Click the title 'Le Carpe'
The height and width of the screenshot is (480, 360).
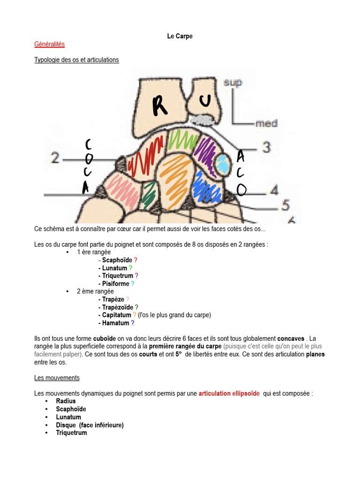(x=180, y=36)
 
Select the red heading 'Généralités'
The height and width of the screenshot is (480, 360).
(x=49, y=44)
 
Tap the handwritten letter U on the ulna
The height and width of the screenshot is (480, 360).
(x=205, y=100)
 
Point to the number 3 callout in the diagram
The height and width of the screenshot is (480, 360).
(x=266, y=147)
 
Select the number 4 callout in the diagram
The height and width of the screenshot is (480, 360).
(x=274, y=190)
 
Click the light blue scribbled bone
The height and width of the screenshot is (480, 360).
(x=223, y=165)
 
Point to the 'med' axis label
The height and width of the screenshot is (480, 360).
(x=266, y=124)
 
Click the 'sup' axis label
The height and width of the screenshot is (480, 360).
(x=232, y=82)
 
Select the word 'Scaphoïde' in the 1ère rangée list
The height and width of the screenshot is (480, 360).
(x=117, y=260)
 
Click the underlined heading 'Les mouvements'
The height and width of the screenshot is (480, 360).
(x=57, y=378)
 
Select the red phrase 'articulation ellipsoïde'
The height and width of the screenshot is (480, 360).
(x=229, y=394)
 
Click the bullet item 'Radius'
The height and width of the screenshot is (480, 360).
(x=66, y=401)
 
